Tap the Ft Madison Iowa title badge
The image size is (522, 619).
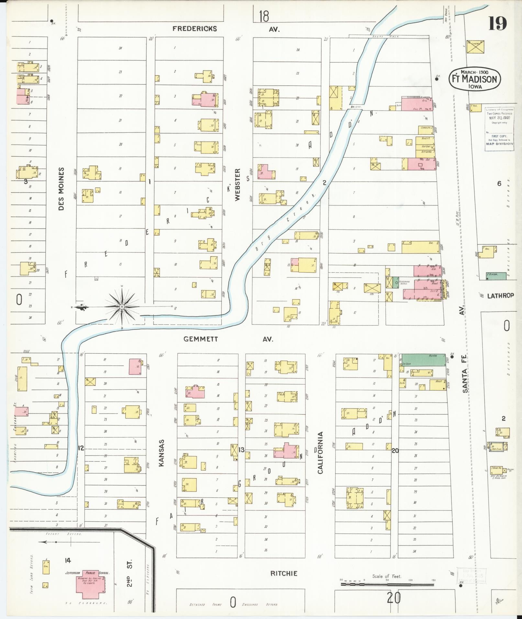[x=474, y=79]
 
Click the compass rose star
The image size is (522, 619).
[x=122, y=306]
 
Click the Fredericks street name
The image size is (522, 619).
[x=194, y=29]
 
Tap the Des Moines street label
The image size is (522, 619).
[x=61, y=189]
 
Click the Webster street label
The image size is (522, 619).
[x=238, y=185]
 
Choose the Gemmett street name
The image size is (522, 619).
[x=201, y=339]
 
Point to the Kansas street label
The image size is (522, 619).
[x=162, y=453]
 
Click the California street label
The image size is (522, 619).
[x=320, y=453]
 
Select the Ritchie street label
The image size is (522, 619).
[x=283, y=573]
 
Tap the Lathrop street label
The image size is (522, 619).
[x=500, y=295]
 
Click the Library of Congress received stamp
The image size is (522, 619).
[x=499, y=127]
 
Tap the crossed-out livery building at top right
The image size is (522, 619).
[x=476, y=47]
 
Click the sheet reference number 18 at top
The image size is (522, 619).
[x=264, y=16]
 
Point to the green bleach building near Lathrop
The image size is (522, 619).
[x=496, y=276]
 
